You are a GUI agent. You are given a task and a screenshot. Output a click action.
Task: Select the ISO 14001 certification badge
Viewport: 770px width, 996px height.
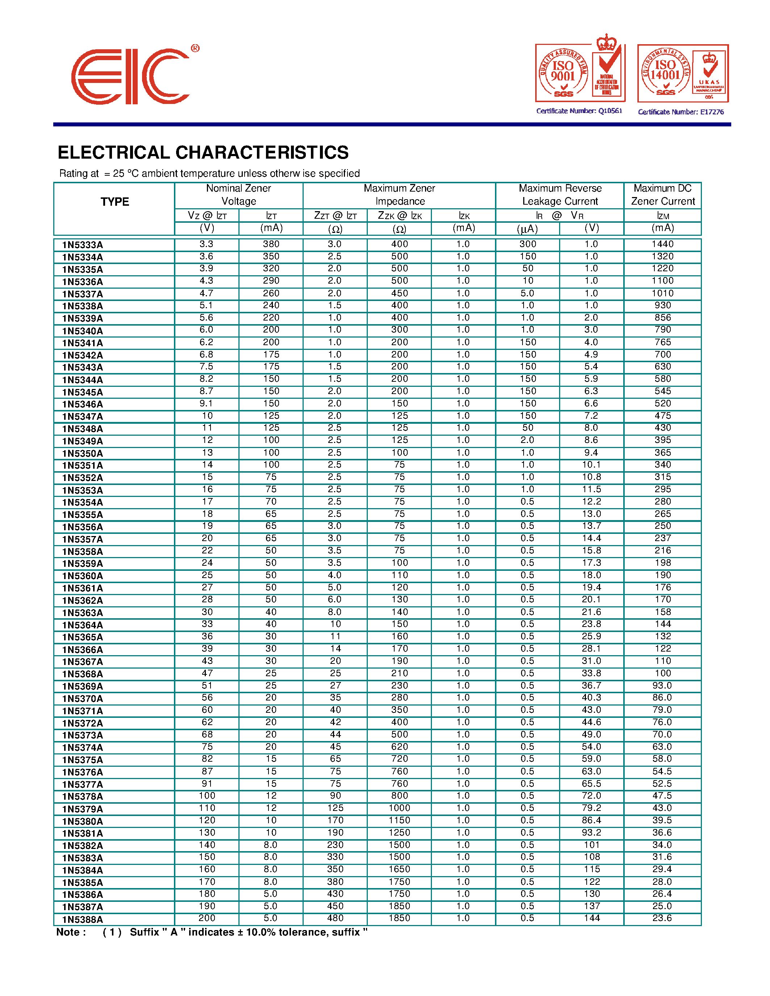682,74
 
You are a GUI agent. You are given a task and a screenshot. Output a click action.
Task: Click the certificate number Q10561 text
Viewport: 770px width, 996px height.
579,111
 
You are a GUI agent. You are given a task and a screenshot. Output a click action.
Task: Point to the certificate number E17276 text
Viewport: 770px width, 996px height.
680,112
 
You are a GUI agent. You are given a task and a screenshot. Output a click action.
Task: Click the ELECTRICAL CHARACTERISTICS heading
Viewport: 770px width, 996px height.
203,153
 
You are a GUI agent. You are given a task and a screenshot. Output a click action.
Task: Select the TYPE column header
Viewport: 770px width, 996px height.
115,202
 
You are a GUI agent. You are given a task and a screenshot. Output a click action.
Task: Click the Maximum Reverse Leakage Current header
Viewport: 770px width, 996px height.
560,195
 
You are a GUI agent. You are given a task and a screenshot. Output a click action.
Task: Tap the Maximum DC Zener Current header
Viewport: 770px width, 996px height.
662,195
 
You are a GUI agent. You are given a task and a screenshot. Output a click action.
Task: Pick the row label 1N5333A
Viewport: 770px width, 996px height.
83,245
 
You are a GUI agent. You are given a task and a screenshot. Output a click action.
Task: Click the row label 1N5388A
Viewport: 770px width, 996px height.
83,919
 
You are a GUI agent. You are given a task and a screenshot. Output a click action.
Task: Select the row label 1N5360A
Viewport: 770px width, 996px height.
83,576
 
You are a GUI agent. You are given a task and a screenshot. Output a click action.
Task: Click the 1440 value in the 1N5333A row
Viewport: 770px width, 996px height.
662,244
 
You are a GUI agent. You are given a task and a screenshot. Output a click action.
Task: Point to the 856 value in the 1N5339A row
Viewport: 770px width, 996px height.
662,317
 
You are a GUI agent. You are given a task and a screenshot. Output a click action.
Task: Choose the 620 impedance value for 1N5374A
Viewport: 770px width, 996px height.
399,746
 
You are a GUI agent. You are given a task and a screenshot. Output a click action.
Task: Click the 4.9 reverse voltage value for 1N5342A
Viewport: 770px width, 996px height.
591,354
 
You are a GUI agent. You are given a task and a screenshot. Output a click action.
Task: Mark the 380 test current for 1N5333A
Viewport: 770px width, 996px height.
271,244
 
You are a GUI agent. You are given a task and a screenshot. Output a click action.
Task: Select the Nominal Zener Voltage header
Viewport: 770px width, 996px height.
238,195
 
